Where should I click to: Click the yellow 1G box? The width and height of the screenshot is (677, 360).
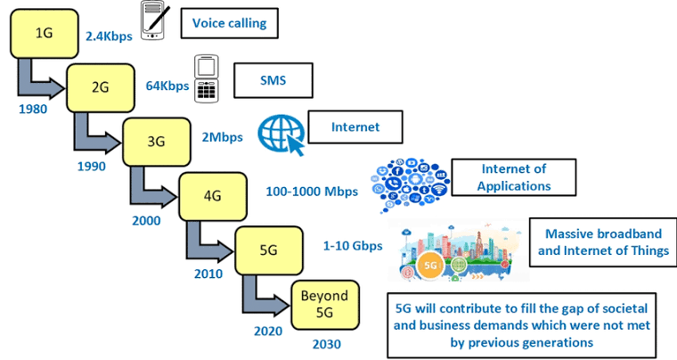click(43, 35)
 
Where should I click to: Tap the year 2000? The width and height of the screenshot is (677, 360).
click(145, 219)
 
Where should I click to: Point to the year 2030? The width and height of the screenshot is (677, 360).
click(325, 343)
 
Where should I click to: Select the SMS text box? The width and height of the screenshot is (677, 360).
click(273, 80)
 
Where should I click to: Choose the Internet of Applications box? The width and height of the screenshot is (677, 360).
click(513, 177)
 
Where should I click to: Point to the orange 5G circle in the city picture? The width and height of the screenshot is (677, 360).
click(431, 266)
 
